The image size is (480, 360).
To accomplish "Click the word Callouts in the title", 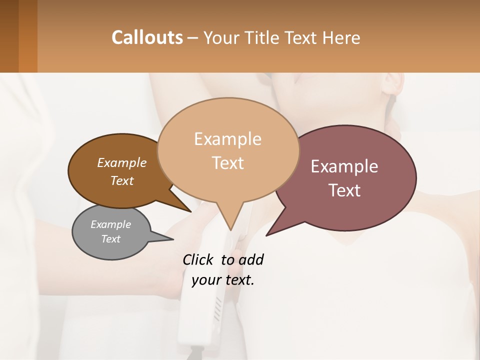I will [147, 37].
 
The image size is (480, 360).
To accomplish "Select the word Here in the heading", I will [341, 37].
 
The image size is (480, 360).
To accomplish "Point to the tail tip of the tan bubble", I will [230, 229].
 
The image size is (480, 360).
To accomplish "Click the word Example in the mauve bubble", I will [344, 166].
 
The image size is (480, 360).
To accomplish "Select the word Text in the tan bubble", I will [228, 163].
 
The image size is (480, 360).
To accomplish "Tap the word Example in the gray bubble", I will [111, 224].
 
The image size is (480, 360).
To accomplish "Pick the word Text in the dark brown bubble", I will [122, 180].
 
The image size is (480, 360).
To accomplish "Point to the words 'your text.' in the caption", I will [223, 280].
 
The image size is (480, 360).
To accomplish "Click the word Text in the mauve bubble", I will [345, 190].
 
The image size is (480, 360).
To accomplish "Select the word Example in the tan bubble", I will [228, 139].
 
